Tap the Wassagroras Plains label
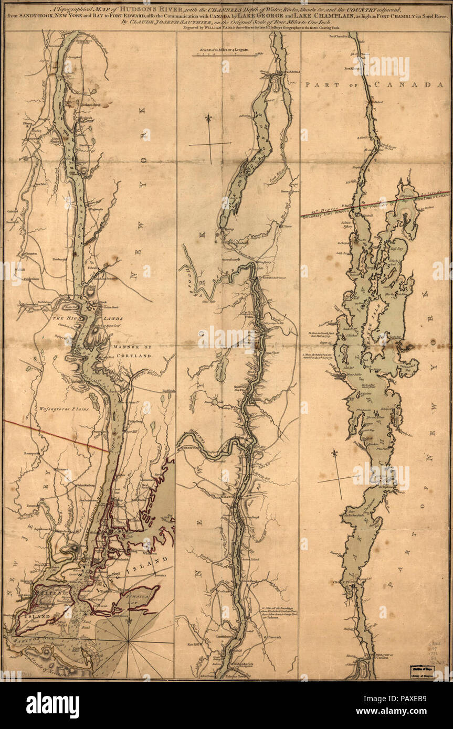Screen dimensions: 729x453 [x=58, y=408]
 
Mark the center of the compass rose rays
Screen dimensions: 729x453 [x=128, y=641]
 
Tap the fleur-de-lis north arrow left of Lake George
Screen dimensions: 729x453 [x=209, y=119]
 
